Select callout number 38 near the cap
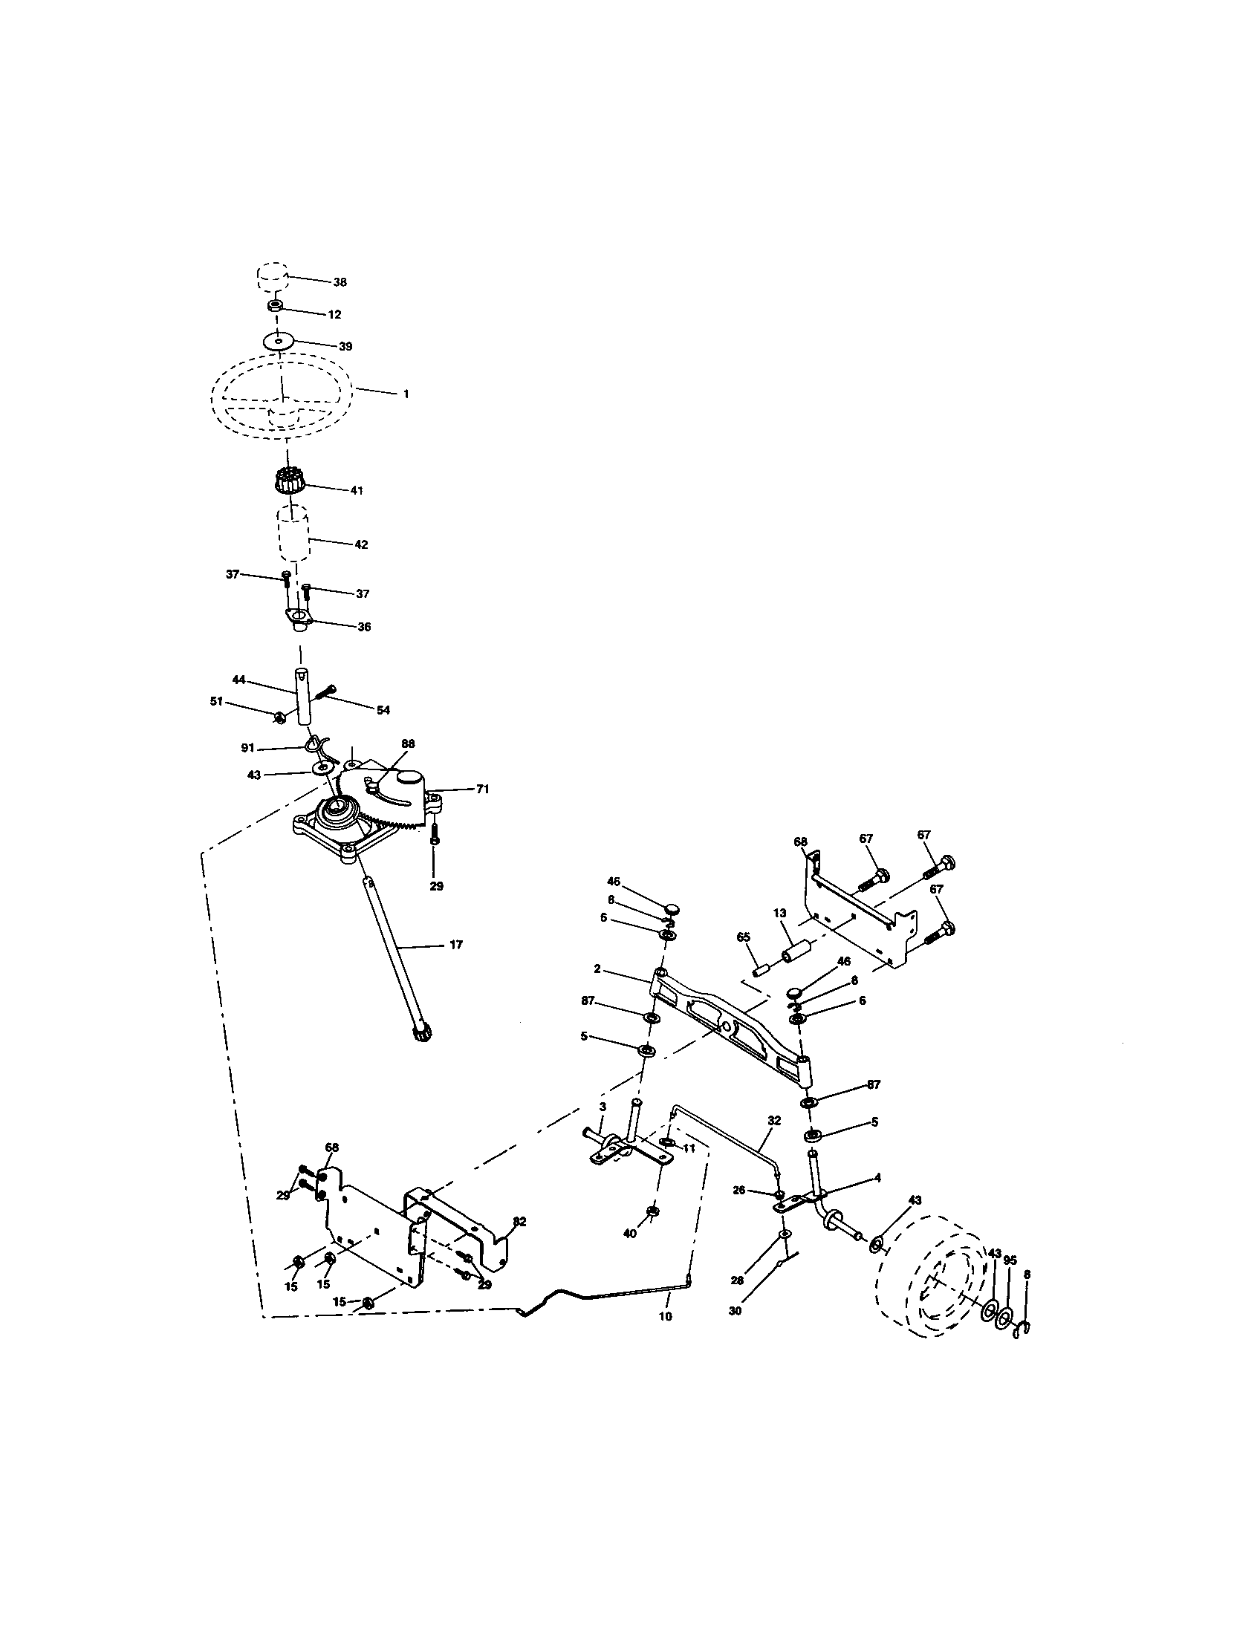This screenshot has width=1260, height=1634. click(341, 283)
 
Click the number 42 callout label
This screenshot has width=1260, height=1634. click(360, 544)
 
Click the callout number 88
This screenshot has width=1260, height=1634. click(408, 743)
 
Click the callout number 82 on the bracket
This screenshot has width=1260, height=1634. click(519, 1222)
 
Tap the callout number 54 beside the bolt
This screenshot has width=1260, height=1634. click(383, 710)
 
